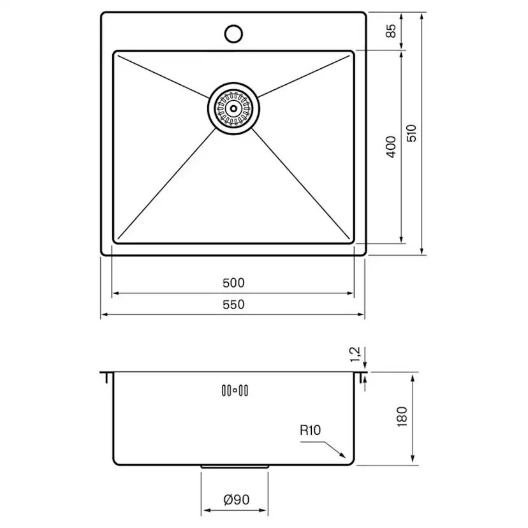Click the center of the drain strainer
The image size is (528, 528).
tap(233, 108)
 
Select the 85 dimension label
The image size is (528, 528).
tap(391, 31)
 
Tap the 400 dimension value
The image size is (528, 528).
tap(391, 147)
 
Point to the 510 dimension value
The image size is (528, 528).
tap(411, 133)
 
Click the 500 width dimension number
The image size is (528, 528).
tap(233, 283)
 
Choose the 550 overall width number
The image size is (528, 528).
tap(233, 304)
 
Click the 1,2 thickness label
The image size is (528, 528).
tap(355, 355)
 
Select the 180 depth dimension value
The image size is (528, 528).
tap(402, 417)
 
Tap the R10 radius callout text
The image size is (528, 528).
tap(310, 430)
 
